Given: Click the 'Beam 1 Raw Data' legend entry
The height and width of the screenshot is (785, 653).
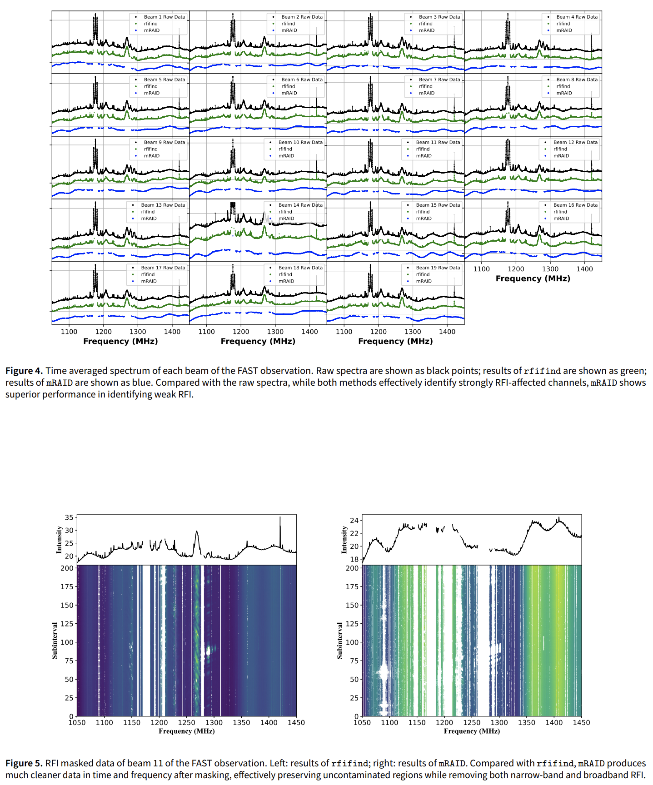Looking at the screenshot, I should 164,17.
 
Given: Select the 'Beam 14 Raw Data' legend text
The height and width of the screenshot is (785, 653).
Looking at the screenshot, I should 300,205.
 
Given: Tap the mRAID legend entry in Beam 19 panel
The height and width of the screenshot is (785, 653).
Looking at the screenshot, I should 424,281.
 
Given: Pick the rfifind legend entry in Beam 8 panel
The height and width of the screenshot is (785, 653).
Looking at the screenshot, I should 563,86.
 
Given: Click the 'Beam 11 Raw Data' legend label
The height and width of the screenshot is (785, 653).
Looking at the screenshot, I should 438,142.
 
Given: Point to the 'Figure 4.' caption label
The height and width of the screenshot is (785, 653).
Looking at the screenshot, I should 24,371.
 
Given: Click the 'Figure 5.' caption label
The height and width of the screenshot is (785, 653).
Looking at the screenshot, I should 24,763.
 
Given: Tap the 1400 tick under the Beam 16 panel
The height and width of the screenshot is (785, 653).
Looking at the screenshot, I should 584,269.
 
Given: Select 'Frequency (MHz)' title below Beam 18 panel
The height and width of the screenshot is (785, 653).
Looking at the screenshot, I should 258,341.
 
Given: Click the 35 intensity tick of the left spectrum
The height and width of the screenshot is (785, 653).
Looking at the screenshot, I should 69,517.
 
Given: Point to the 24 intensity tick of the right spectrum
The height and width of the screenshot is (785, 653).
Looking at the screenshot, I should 354,520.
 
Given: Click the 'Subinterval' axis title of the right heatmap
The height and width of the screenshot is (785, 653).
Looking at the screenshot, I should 340,641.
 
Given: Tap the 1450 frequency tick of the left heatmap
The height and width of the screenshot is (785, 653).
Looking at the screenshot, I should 296,723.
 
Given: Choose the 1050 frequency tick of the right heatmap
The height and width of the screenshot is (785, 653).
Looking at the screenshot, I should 362,723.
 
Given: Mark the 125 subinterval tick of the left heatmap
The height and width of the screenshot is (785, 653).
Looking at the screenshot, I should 67,624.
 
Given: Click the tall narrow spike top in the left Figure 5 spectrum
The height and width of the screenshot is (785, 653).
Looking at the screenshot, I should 280,517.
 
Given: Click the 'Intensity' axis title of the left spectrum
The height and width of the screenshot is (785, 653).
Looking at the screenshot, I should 59,540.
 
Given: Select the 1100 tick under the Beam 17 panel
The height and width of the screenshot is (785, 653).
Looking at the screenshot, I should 69,332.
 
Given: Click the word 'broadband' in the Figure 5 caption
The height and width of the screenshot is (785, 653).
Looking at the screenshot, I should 604,775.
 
